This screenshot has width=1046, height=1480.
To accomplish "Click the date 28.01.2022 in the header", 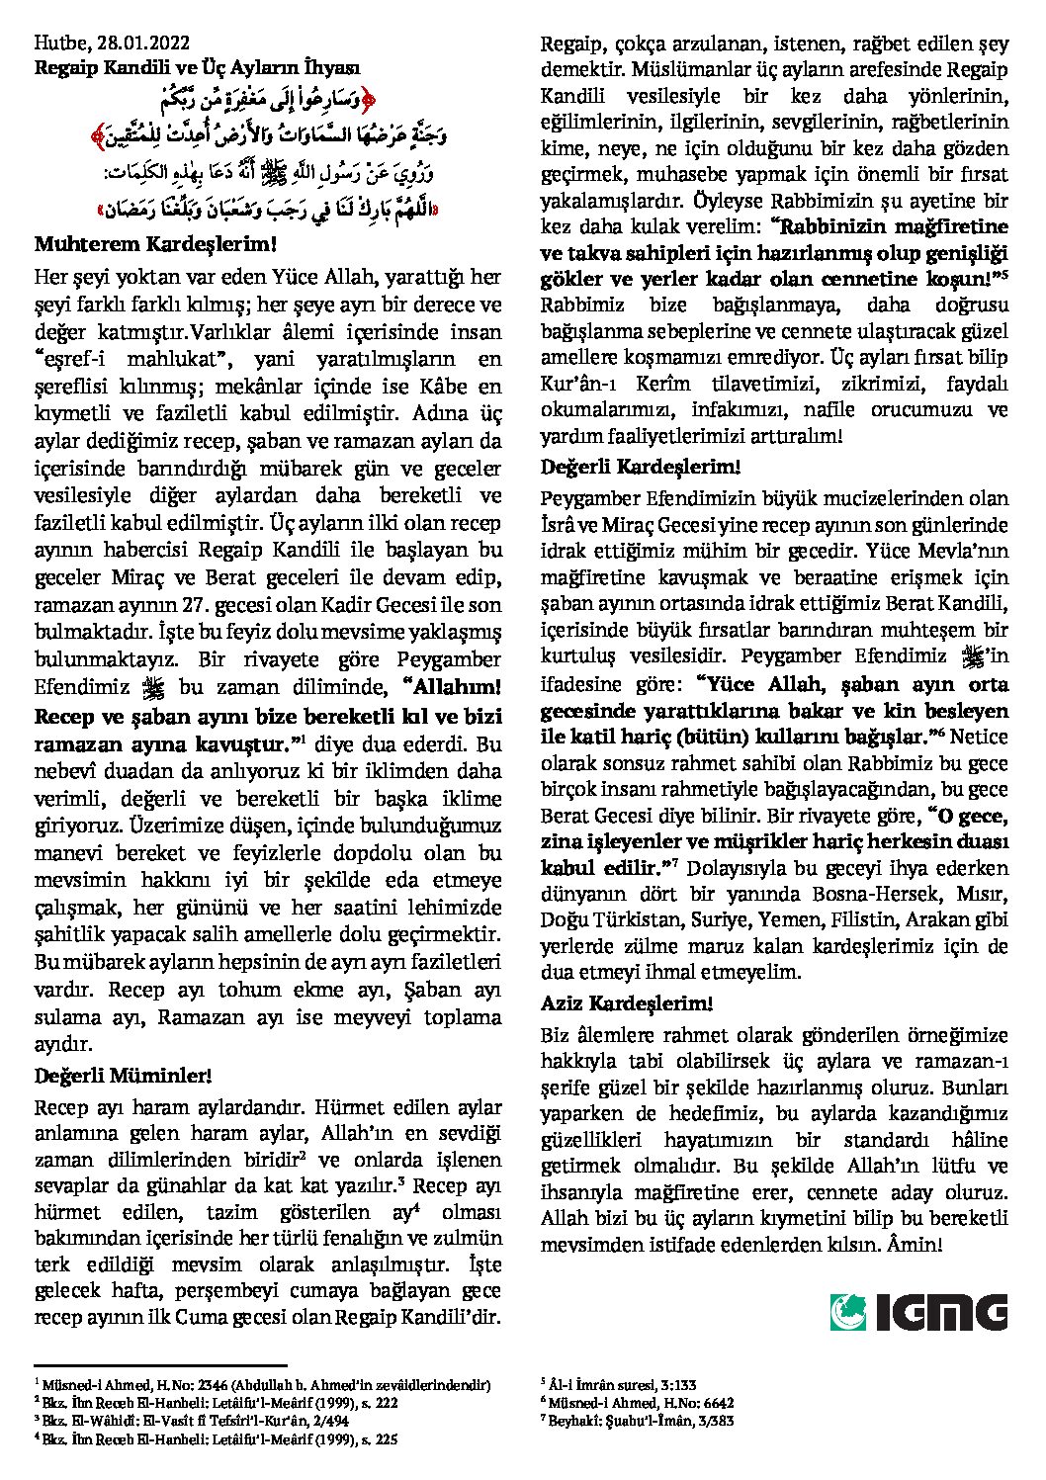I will (144, 43).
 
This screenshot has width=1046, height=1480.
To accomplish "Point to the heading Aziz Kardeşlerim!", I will (627, 1002).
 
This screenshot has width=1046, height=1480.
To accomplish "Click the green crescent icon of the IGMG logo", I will (846, 1311).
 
